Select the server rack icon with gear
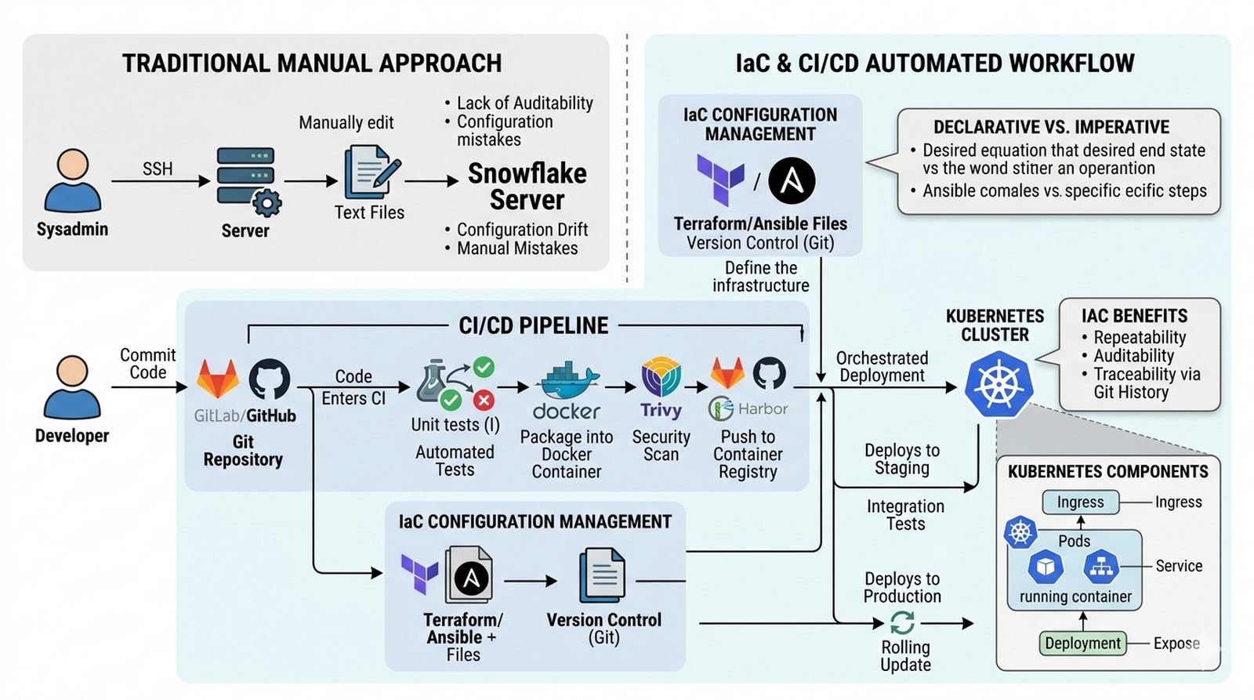[x=248, y=180]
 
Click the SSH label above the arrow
[x=158, y=169]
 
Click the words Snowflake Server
[x=527, y=187]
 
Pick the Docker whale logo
[x=567, y=382]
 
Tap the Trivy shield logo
[x=661, y=377]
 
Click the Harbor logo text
[x=762, y=408]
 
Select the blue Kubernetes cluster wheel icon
[x=998, y=384]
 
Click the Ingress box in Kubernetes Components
[x=1080, y=502]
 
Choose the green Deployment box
[x=1082, y=644]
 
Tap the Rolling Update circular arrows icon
[x=903, y=623]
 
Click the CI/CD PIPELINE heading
[x=533, y=326]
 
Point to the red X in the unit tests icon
[x=484, y=400]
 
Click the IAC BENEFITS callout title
[x=1134, y=316]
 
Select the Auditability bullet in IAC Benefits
[x=1133, y=356]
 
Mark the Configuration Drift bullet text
[x=522, y=230]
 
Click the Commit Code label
[x=147, y=364]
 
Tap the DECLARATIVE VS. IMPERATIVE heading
[x=1051, y=127]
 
